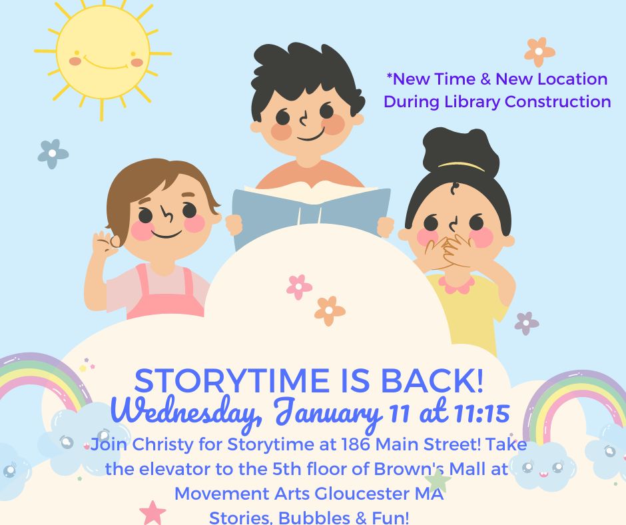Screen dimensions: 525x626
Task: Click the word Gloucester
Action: [x=352, y=494]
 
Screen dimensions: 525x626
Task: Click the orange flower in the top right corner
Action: [x=539, y=51]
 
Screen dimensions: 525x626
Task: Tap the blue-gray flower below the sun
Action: [x=53, y=154]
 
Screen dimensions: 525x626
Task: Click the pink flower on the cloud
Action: [x=299, y=287]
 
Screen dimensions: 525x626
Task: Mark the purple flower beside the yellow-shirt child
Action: [x=526, y=323]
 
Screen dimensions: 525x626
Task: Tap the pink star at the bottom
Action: [x=153, y=514]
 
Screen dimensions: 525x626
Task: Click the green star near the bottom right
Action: [x=438, y=480]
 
